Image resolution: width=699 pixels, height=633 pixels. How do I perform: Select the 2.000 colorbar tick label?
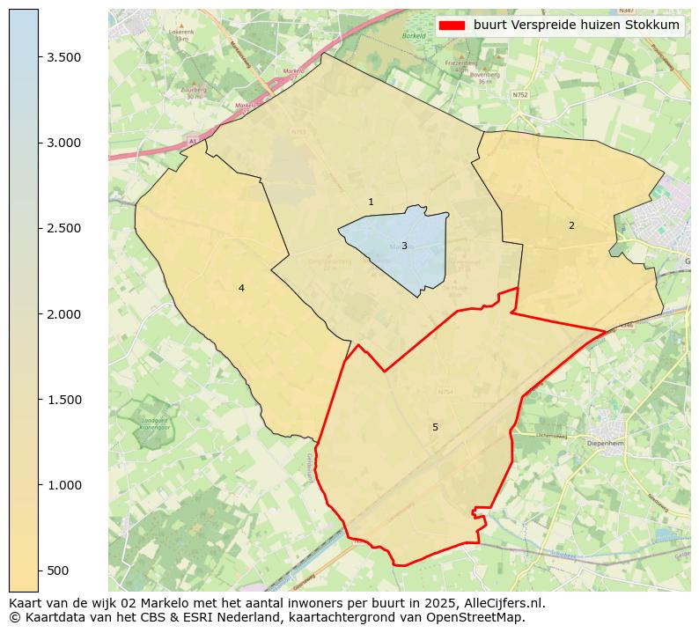[x=63, y=314]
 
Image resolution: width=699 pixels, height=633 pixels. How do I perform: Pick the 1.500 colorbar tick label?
[x=63, y=400]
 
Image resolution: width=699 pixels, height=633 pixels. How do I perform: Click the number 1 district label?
[x=371, y=202]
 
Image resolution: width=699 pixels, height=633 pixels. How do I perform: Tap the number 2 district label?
[x=571, y=226]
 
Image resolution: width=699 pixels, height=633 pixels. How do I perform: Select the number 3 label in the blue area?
[x=404, y=247]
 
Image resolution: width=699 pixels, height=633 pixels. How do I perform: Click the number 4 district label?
[x=241, y=289]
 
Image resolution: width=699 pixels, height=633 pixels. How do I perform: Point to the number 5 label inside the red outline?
[x=435, y=428]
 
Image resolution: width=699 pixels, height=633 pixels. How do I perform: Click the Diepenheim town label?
[x=605, y=444]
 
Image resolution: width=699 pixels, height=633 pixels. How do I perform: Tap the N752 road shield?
[x=519, y=94]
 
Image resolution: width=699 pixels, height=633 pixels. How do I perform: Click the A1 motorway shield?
[x=193, y=141]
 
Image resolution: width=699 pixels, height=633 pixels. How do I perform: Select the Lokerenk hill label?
[x=181, y=33]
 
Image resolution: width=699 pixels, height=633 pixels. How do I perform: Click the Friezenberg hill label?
[x=460, y=63]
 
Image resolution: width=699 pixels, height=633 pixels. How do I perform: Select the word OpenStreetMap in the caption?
[x=481, y=617]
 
